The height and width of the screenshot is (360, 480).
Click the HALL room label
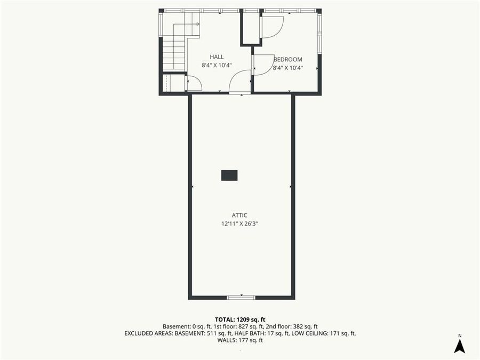tap(217, 57)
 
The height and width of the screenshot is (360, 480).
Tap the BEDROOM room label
tap(288, 59)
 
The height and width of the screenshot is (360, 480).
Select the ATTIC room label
tap(239, 215)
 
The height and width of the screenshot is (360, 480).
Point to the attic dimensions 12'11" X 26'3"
tap(239, 224)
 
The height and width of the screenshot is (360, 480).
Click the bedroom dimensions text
tap(288, 68)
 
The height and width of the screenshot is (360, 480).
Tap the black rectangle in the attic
tap(229, 175)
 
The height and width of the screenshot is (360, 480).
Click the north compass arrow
tap(459, 346)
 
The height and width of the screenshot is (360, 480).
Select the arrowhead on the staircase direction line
tap(197, 23)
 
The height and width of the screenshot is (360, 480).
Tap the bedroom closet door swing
tap(272, 27)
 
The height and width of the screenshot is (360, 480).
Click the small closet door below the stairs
tap(193, 83)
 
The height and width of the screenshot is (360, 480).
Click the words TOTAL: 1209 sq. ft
tap(239, 318)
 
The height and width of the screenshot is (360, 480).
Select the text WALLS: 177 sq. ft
tap(239, 340)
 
